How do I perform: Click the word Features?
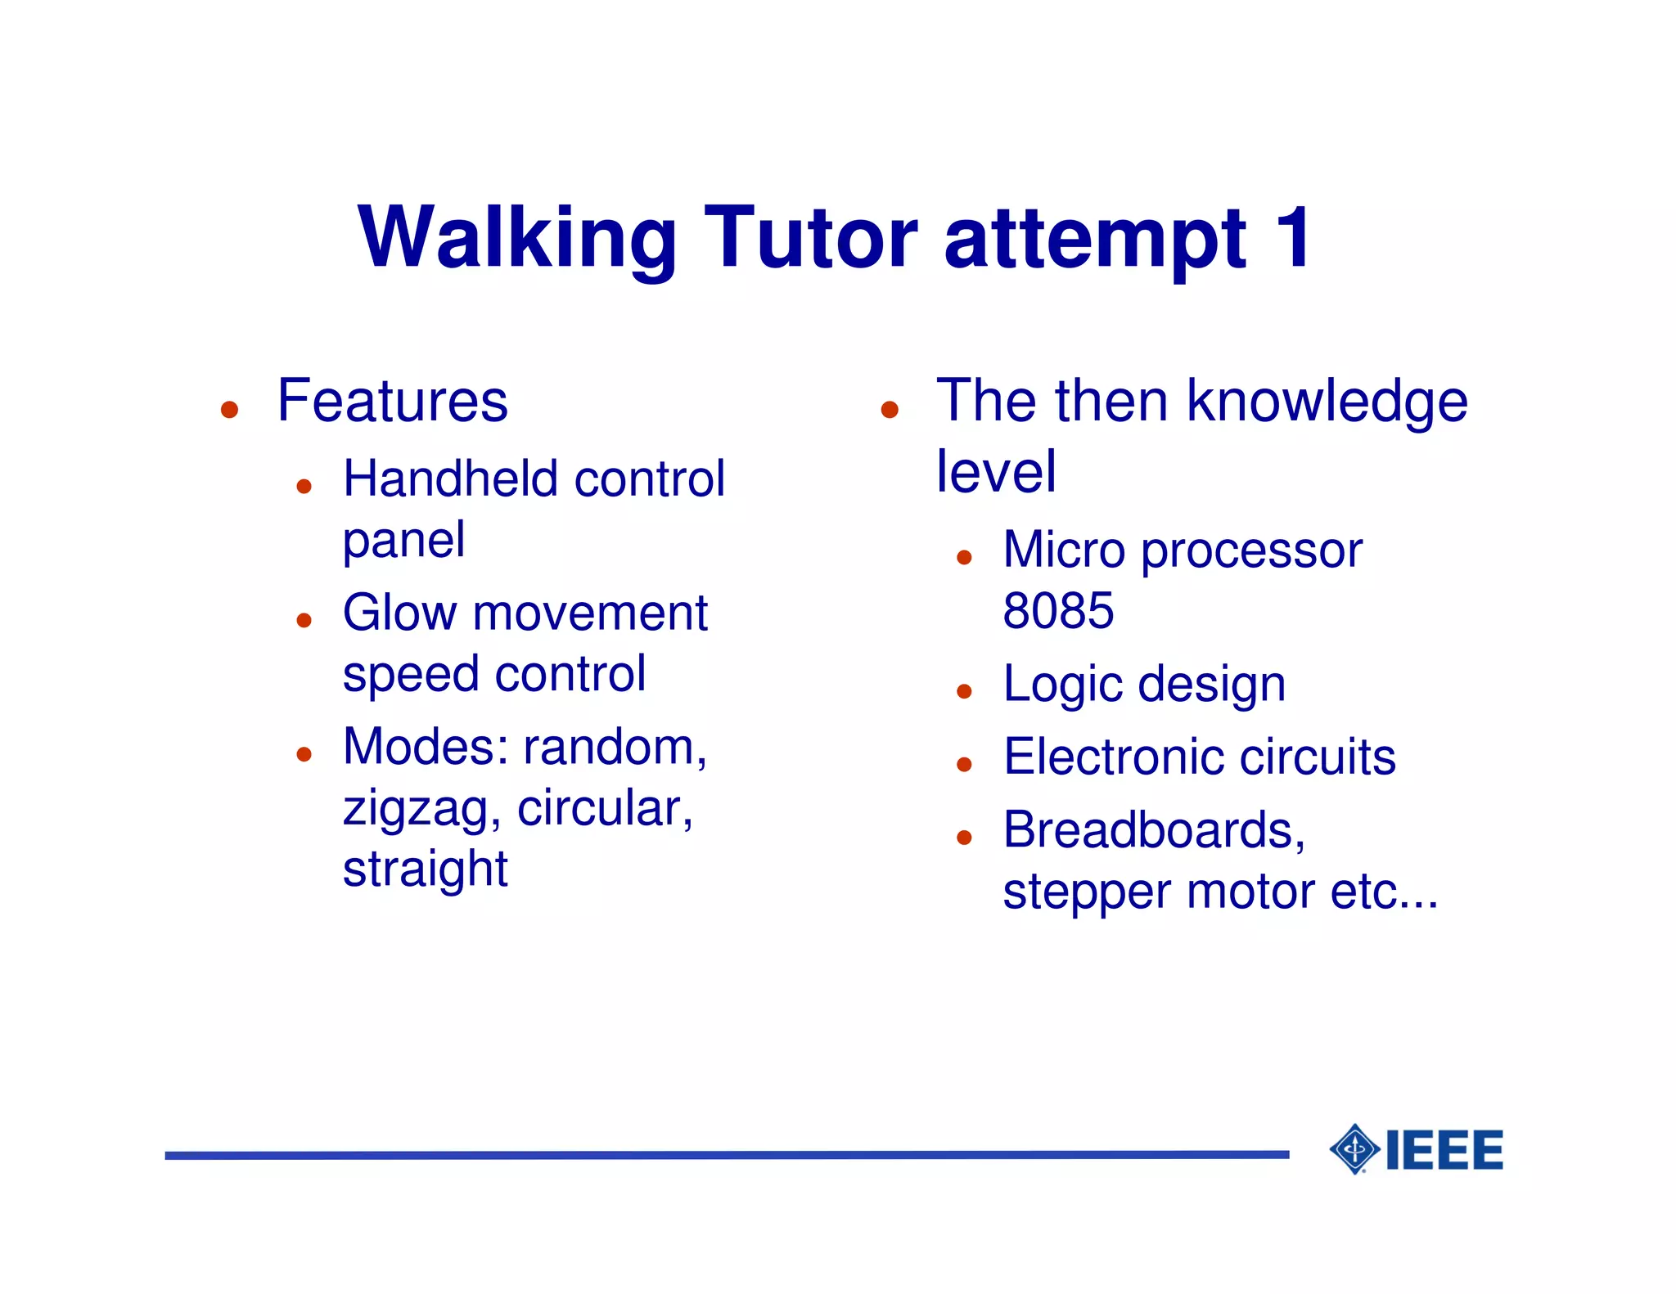point(392,401)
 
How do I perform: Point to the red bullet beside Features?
point(229,409)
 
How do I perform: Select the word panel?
point(403,541)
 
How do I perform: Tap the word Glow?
point(399,613)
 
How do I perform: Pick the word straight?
point(425,869)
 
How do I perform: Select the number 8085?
point(1057,611)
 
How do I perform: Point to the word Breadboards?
point(1152,830)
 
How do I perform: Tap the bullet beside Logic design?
point(964,692)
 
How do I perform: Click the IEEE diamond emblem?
point(1355,1149)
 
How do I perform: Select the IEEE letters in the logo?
point(1444,1150)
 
